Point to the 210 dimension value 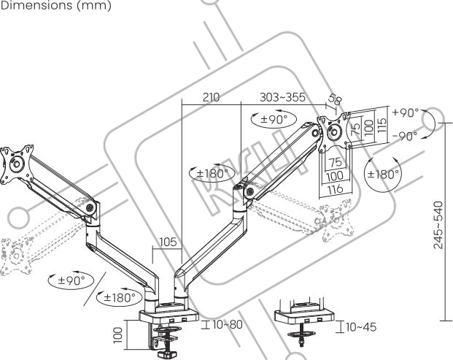[212, 96]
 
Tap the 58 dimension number [335, 100]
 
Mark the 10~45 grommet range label [361, 326]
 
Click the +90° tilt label [405, 112]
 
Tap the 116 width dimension [336, 189]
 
